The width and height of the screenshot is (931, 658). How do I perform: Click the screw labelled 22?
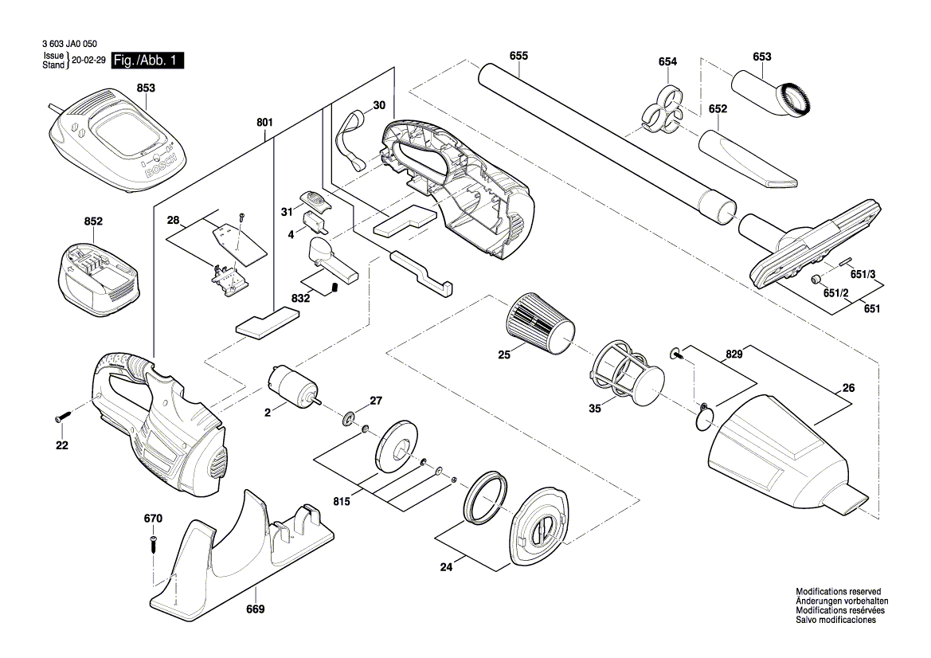point(64,417)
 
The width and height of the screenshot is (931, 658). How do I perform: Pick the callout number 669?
point(255,609)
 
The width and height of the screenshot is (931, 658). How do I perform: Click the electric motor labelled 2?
point(293,387)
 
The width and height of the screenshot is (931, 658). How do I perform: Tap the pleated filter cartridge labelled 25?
point(540,323)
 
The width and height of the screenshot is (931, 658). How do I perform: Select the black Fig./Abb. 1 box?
point(148,61)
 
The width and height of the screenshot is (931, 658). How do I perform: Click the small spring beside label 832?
point(336,286)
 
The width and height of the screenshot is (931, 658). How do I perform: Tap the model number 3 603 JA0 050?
point(68,45)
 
